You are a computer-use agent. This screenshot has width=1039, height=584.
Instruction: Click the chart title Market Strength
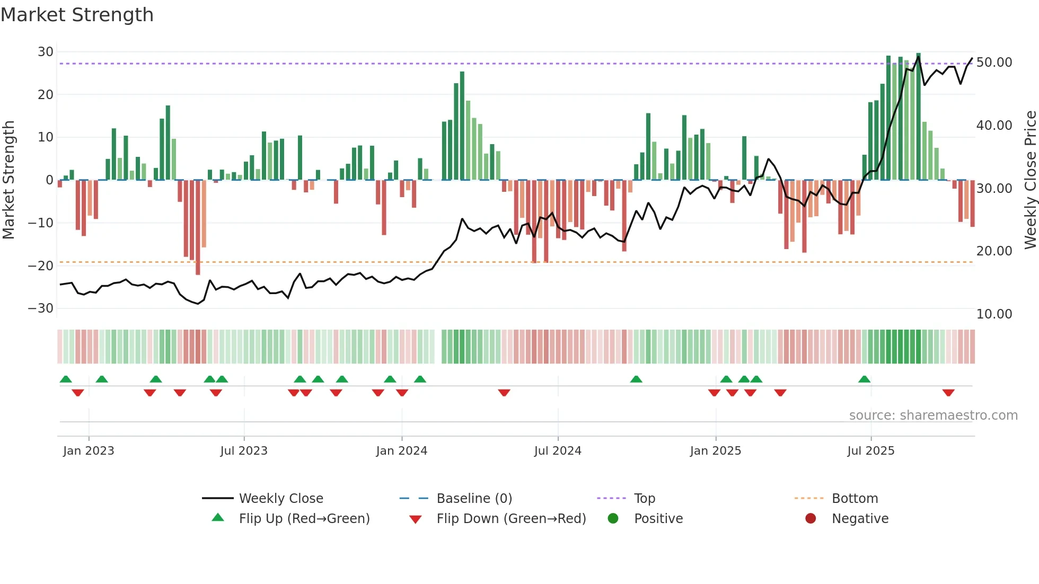coord(77,15)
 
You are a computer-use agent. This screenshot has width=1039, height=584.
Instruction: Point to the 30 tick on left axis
coord(46,52)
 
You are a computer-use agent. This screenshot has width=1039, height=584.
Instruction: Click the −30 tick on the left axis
coord(41,308)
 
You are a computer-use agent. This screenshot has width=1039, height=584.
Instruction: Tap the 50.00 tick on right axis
coord(994,63)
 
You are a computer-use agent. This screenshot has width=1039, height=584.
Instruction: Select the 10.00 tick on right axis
coord(994,314)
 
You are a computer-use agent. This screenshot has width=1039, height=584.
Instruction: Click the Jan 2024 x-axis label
coord(401,451)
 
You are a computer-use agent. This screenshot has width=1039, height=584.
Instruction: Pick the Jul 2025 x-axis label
coord(870,451)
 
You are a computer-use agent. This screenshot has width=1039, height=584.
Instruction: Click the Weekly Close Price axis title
coord(1030,180)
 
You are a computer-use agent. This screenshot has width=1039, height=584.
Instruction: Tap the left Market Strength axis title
coord(9,180)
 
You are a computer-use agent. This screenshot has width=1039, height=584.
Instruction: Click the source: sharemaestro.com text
coord(933,415)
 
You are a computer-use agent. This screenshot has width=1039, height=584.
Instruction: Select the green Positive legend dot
coord(613,519)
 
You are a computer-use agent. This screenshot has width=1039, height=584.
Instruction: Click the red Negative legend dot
coord(811,519)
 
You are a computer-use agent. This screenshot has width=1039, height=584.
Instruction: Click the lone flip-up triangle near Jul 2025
coord(864,379)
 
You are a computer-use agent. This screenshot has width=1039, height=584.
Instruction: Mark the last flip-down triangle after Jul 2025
coord(948,393)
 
